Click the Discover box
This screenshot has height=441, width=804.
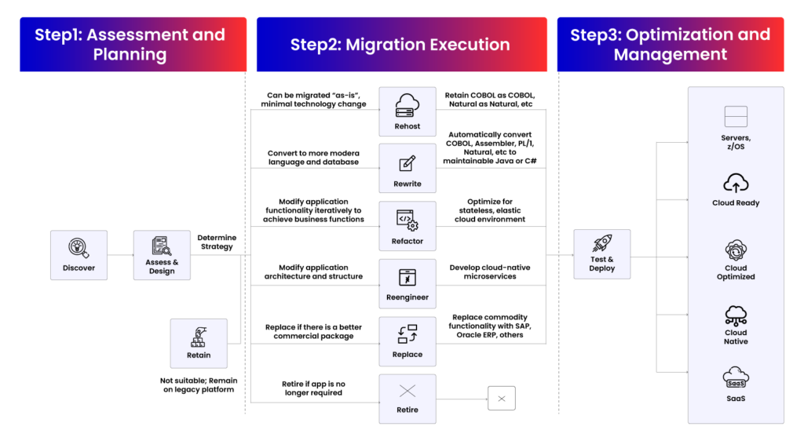pyautogui.click(x=79, y=255)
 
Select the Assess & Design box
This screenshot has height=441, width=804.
pyautogui.click(x=162, y=255)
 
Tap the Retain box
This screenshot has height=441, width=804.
pyautogui.click(x=199, y=343)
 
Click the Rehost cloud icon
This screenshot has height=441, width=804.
pyautogui.click(x=407, y=105)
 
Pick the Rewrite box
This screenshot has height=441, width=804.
pyautogui.click(x=407, y=169)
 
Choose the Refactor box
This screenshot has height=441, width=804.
pyautogui.click(x=407, y=227)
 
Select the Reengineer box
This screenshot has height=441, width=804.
pyautogui.click(x=407, y=284)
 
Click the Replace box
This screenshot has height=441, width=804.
pyautogui.click(x=407, y=341)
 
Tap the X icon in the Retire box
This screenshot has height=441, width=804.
pyautogui.click(x=407, y=391)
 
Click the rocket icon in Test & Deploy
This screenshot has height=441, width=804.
pyautogui.click(x=601, y=244)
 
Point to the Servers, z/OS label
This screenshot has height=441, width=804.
pyautogui.click(x=736, y=142)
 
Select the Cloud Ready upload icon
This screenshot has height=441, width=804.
pyautogui.click(x=736, y=184)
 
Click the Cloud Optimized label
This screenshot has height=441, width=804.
pyautogui.click(x=736, y=272)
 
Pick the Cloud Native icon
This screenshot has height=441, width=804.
pyautogui.click(x=736, y=315)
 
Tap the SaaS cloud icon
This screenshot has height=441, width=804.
pyautogui.click(x=736, y=378)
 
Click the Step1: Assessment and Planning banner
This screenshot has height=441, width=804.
pyautogui.click(x=133, y=45)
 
